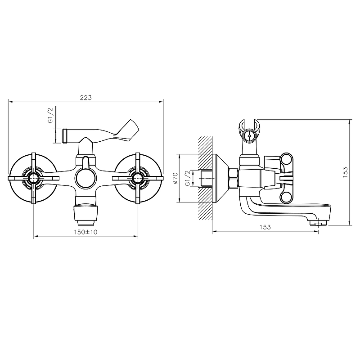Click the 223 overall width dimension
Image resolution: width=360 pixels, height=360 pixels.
[85, 98]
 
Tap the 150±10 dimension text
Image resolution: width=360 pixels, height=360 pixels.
[85, 232]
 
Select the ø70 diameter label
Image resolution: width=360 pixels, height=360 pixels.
[175, 178]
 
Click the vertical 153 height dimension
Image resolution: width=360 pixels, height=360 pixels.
[345, 172]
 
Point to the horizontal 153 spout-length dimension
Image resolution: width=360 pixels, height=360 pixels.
[265, 227]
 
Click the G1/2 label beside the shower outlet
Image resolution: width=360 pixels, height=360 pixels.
[50, 115]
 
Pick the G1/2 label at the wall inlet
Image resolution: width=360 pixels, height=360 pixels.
[188, 178]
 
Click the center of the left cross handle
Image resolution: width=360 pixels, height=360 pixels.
[34, 178]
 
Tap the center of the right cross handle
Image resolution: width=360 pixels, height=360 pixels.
[138, 178]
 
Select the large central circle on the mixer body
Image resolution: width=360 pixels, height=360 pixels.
[85, 178]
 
